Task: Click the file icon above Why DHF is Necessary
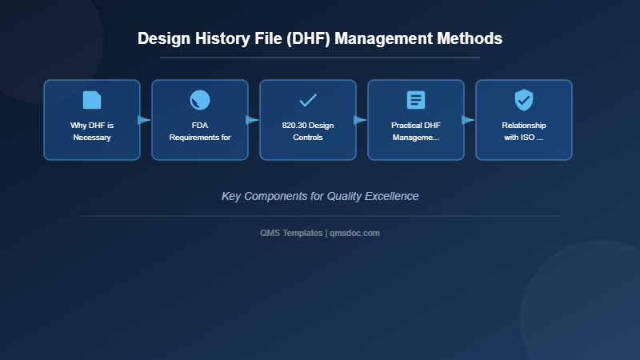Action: click(92, 100)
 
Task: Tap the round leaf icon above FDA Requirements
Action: click(200, 100)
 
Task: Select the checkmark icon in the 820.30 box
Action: click(308, 100)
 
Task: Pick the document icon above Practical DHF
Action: click(416, 100)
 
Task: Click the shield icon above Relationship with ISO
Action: click(524, 100)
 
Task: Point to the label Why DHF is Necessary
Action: click(92, 131)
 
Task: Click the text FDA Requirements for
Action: click(200, 131)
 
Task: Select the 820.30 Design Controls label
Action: click(308, 131)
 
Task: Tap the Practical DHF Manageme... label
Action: click(416, 131)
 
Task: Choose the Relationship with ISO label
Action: click(524, 131)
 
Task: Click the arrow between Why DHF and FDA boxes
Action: click(145, 120)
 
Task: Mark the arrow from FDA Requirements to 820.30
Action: click(253, 120)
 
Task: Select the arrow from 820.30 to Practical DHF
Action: click(361, 120)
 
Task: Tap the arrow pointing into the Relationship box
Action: click(469, 120)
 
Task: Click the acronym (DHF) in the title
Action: click(305, 38)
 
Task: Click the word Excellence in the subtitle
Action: click(390, 196)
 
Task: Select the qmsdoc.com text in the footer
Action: click(354, 233)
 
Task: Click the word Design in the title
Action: click(162, 38)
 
